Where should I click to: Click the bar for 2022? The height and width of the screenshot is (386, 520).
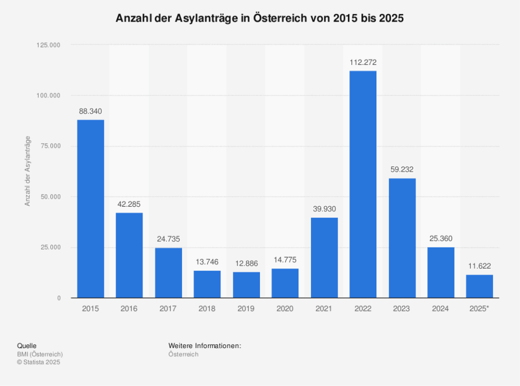(x=363, y=184)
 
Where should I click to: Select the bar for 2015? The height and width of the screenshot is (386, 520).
(x=90, y=208)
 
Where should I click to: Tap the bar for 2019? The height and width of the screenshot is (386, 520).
(x=246, y=285)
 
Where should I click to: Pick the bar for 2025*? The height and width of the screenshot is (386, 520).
(x=479, y=286)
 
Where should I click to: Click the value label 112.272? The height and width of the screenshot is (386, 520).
(x=363, y=62)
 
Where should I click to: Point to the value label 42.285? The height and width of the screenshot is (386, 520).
(x=129, y=204)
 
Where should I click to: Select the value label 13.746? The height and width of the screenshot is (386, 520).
(x=207, y=262)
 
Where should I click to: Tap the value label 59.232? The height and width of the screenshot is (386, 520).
(x=402, y=169)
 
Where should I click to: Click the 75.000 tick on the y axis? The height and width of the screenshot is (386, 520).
(x=49, y=146)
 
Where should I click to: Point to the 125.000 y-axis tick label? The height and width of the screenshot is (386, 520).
(x=48, y=45)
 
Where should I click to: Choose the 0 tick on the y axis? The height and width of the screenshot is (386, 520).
(x=58, y=298)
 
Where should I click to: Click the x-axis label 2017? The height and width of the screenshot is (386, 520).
(x=168, y=309)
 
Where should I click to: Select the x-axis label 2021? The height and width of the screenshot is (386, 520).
(x=324, y=309)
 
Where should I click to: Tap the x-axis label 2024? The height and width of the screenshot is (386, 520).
(x=441, y=309)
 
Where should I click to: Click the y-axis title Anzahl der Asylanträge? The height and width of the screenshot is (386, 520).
(x=28, y=172)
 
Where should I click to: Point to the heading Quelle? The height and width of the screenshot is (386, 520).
(x=27, y=345)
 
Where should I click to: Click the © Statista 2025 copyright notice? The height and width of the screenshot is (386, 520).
(x=39, y=362)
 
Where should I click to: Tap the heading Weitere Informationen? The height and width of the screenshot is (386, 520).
(x=205, y=345)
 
